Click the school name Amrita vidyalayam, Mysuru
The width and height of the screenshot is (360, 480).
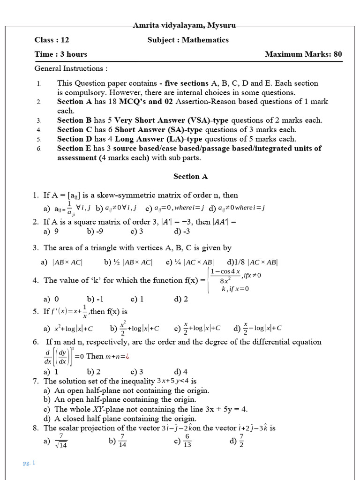pyautogui.click(x=184, y=25)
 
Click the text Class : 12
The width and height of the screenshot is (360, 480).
pyautogui.click(x=52, y=40)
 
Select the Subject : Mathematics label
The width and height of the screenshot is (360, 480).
pyautogui.click(x=188, y=40)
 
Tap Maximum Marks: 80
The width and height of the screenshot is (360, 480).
pyautogui.click(x=303, y=54)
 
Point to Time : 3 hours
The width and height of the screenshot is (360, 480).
pyautogui.click(x=61, y=54)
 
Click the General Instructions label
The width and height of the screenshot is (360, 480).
pyautogui.click(x=71, y=68)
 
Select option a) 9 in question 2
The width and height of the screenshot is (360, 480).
pyautogui.click(x=51, y=231)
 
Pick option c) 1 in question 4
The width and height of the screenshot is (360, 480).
pyautogui.click(x=137, y=299)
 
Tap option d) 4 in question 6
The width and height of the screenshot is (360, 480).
pyautogui.click(x=181, y=372)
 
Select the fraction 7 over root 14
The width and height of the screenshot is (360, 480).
pyautogui.click(x=60, y=441)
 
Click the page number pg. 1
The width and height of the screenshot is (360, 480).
pyautogui.click(x=29, y=463)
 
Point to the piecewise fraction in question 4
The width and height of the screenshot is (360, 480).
pyautogui.click(x=225, y=276)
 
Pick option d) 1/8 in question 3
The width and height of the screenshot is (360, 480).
pyautogui.click(x=253, y=262)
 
